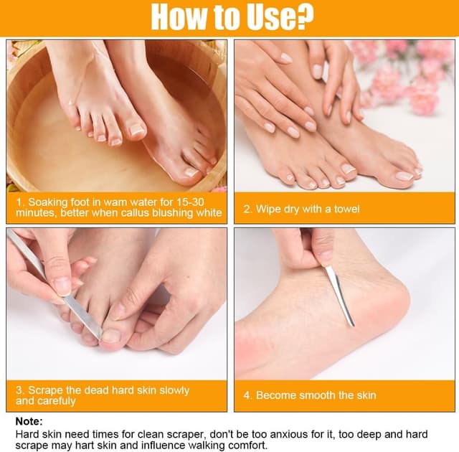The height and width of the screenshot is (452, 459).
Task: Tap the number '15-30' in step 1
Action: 190,202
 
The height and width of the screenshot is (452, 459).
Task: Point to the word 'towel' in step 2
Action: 346,209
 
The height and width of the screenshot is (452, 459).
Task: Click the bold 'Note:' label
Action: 29,421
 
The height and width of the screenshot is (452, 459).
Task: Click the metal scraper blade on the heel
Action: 339,296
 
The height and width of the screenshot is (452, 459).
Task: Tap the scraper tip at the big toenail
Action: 100,336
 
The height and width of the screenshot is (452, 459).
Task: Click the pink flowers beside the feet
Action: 410,76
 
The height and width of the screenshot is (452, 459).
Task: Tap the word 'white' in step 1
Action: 209,212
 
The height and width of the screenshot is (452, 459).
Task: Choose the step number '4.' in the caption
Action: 247,395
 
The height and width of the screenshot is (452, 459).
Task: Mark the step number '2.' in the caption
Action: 247,209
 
